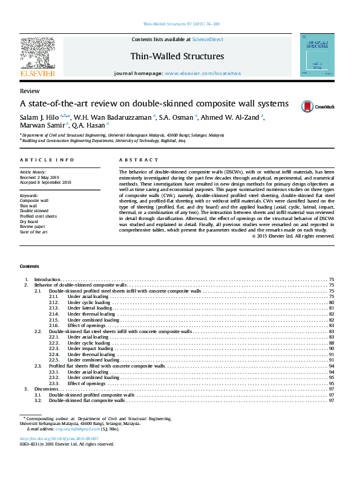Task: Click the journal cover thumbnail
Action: click(317, 55)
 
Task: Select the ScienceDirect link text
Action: click(208, 39)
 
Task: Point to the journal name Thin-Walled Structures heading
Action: click(177, 56)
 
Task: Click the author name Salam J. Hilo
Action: click(39, 117)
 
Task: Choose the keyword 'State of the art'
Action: click(34, 232)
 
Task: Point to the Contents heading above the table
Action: click(29, 266)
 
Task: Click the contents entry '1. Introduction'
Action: click(47, 279)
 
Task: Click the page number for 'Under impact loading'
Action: click(332, 349)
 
